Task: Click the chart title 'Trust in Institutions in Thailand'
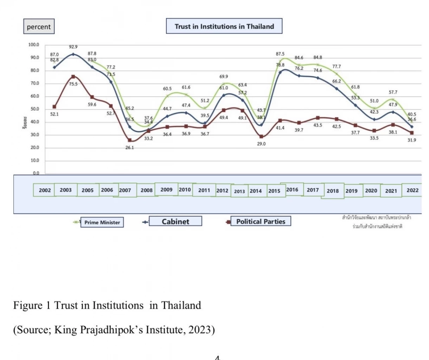point(224,26)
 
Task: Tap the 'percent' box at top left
point(39,27)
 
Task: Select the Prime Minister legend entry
point(102,222)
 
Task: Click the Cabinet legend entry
point(175,221)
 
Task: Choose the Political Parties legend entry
point(261,221)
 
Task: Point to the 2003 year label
point(66,190)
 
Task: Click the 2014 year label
point(256,191)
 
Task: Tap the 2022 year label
point(412,190)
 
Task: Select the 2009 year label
point(166,189)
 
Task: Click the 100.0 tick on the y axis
point(34,45)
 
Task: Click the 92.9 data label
point(73,47)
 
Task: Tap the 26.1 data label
point(130,148)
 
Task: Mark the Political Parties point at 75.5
point(73,77)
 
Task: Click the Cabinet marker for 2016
point(280,72)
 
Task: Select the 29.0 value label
point(261,144)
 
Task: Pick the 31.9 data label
point(412,140)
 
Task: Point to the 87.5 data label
point(280,54)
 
